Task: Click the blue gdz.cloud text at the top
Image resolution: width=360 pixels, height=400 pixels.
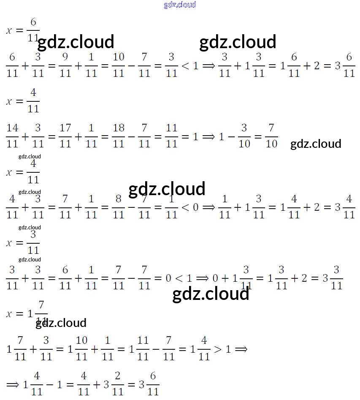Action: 180,5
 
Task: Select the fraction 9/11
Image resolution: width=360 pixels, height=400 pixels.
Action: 65,65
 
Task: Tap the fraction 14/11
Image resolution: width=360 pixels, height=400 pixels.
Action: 12,136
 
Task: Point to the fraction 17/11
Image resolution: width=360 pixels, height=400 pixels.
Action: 65,136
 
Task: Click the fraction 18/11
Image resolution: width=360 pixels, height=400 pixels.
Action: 119,136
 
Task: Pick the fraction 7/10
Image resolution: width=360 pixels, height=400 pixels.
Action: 271,136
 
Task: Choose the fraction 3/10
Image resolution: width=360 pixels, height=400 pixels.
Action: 244,136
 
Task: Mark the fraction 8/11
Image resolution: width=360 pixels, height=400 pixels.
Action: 119,207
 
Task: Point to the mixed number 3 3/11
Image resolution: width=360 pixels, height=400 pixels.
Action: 332,278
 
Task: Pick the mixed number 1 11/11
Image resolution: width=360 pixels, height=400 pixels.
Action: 139,348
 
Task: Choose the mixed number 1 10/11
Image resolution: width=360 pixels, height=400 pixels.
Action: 77,348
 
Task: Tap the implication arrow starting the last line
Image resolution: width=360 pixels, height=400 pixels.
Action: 13,384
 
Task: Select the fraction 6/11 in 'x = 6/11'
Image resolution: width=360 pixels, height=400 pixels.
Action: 33,30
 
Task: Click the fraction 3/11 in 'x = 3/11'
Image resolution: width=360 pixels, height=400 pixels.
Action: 33,242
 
